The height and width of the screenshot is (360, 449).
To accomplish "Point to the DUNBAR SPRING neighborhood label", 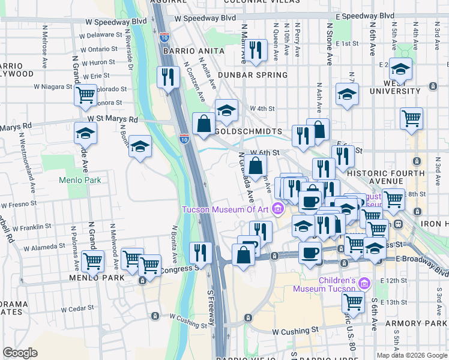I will tap(253, 75).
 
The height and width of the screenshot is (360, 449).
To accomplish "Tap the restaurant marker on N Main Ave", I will tap(257, 51).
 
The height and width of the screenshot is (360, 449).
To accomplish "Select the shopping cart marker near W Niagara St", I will tap(86, 95).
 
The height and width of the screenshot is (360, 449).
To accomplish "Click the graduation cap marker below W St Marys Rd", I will tap(140, 147).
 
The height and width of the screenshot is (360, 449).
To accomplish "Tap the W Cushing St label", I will tap(295, 331).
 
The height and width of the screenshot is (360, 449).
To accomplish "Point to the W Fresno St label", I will tap(19, 203).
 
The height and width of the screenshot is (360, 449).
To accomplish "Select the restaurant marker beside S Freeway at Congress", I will tap(200, 252).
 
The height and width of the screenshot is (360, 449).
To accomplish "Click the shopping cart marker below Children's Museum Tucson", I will tap(354, 302).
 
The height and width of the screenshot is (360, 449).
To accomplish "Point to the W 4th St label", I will tap(262, 109).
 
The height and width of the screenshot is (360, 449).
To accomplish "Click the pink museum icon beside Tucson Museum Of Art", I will tap(278, 209).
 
